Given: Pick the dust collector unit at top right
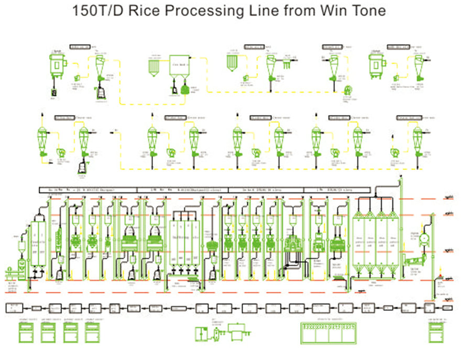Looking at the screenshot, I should pos(377,65).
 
